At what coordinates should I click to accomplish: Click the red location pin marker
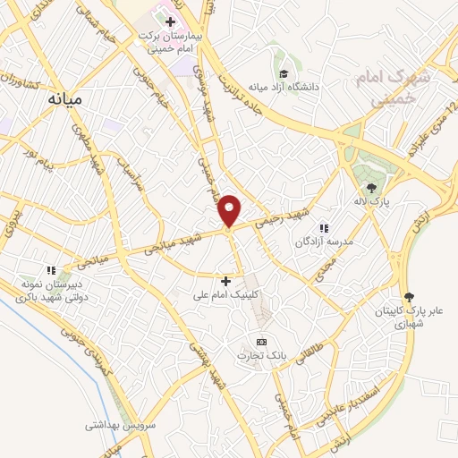pyautogui.click(x=230, y=210)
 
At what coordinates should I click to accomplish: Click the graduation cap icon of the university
pyautogui.click(x=284, y=73)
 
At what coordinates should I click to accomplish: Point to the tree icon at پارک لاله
pyautogui.click(x=371, y=186)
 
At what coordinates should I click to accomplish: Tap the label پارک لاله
pyautogui.click(x=372, y=200)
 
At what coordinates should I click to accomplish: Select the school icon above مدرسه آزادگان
pyautogui.click(x=324, y=228)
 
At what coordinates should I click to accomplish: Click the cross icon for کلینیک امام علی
pyautogui.click(x=225, y=280)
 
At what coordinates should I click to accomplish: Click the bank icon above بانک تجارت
pyautogui.click(x=261, y=342)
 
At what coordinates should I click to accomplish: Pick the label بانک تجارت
pyautogui.click(x=259, y=356)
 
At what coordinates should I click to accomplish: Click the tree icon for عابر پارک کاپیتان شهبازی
pyautogui.click(x=411, y=296)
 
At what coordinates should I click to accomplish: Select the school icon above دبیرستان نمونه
pyautogui.click(x=51, y=269)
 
